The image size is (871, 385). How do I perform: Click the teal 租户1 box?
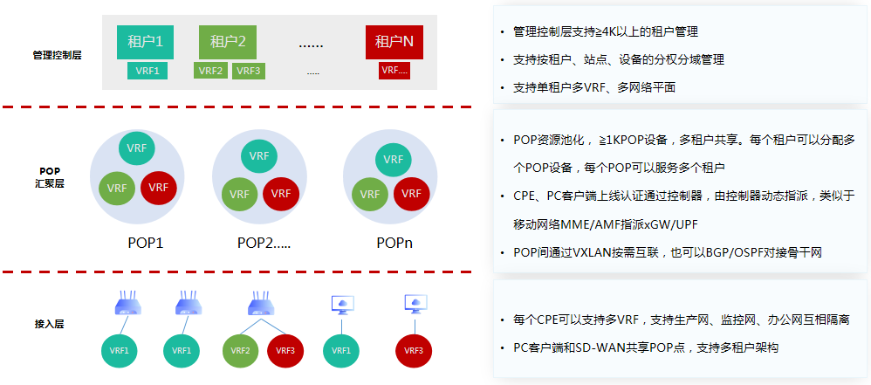(146, 41)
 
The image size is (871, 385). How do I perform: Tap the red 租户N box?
(394, 41)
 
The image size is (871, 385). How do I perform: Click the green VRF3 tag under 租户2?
(249, 71)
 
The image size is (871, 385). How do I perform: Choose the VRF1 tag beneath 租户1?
(146, 71)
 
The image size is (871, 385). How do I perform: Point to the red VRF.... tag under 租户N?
(394, 71)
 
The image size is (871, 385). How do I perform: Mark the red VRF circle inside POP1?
(158, 188)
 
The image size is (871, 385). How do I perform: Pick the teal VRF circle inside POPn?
(394, 160)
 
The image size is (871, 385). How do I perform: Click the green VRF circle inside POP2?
(239, 193)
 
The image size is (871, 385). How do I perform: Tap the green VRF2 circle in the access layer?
(241, 350)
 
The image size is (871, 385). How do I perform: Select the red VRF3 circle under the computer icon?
(414, 350)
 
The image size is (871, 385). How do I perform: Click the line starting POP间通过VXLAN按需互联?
(668, 252)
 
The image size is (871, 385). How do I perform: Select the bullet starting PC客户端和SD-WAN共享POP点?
(645, 347)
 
